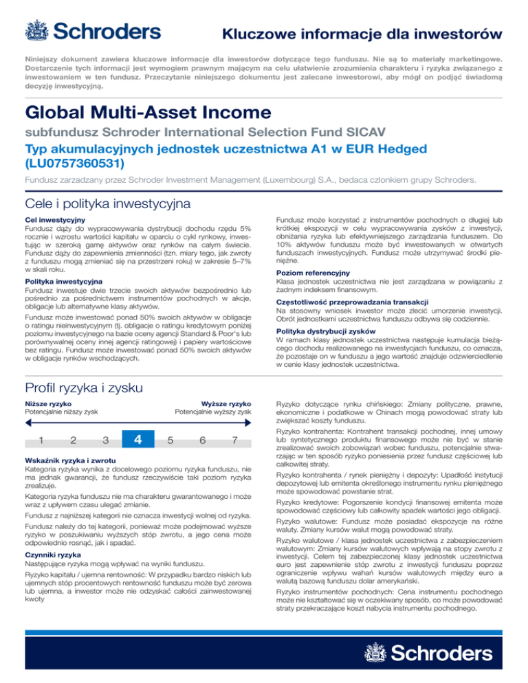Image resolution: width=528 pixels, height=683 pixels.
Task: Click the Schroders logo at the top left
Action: [92, 32]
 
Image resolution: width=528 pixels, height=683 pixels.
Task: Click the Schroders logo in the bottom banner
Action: [436, 651]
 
